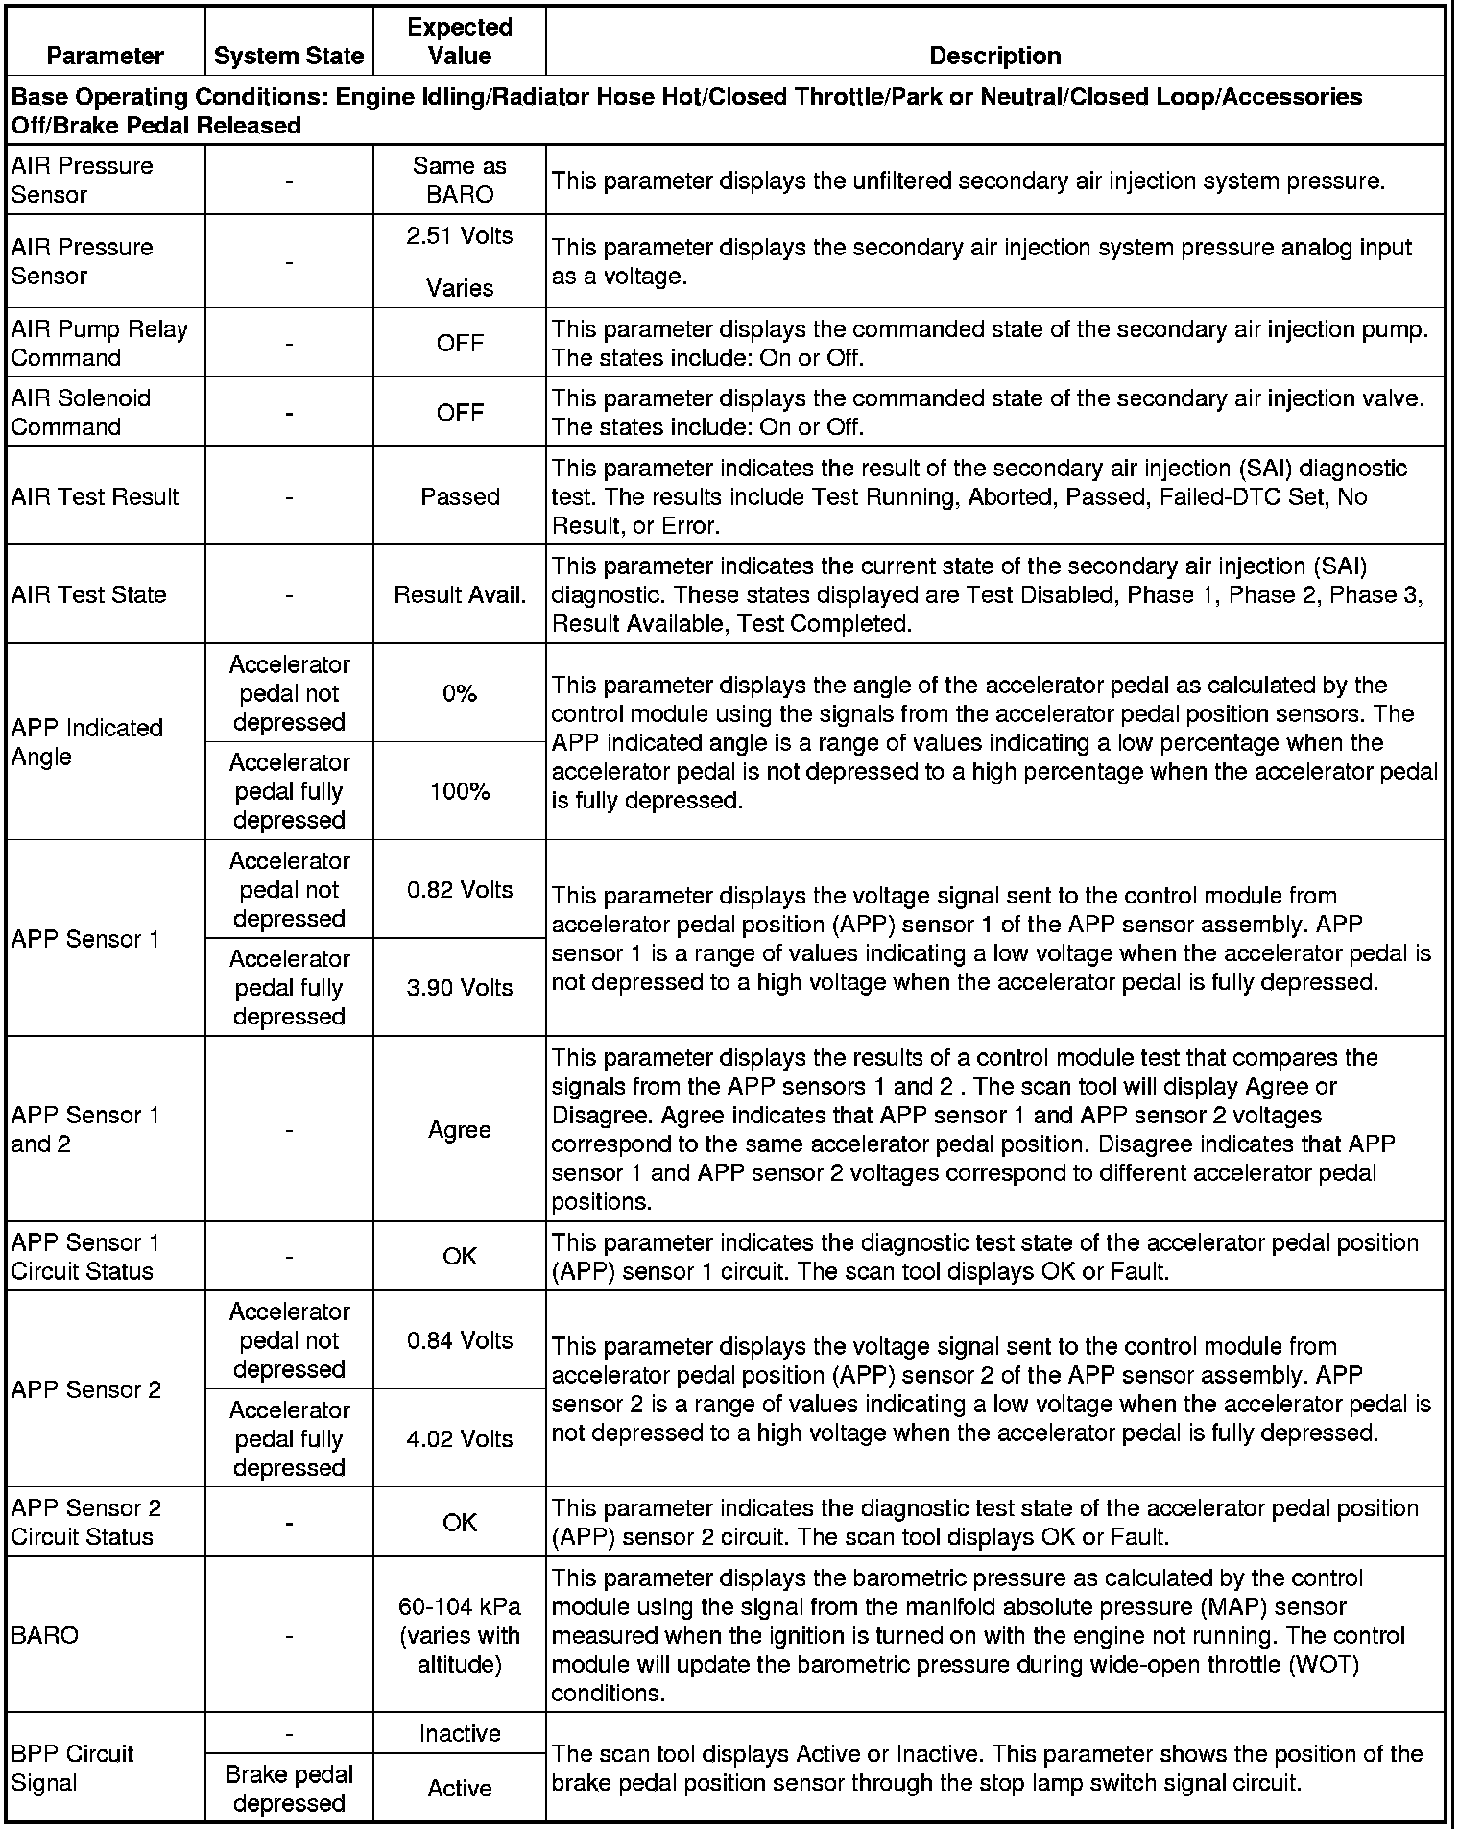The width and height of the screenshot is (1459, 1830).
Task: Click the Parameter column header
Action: coord(105,56)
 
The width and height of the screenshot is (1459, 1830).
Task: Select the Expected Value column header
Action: coord(460,41)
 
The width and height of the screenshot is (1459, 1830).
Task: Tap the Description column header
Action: coord(994,56)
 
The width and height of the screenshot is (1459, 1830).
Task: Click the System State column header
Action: coord(289,56)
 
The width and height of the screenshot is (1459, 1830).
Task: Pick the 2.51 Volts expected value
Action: coord(460,236)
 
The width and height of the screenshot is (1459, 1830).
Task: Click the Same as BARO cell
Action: coord(460,180)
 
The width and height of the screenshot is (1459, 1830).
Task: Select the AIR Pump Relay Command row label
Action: coord(100,343)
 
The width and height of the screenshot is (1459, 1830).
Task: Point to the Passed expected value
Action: coord(460,496)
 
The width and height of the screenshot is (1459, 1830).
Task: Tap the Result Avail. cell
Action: coord(460,594)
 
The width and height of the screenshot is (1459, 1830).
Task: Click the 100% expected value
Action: coord(460,791)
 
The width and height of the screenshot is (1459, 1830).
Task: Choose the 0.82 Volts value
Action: coord(460,889)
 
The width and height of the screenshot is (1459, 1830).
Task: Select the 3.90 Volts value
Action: coord(460,987)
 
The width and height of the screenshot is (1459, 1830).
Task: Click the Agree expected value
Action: coord(460,1129)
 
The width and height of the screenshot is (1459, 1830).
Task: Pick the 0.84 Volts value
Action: coord(460,1340)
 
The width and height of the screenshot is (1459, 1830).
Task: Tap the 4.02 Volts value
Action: coord(460,1438)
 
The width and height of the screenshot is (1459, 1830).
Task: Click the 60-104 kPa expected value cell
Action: coord(460,1635)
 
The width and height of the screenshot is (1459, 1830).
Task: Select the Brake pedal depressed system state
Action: coord(289,1789)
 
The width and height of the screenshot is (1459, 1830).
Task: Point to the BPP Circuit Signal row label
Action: coord(73,1768)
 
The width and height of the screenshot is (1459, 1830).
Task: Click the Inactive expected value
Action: coord(460,1733)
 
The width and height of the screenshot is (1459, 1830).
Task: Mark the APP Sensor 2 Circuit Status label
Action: coord(86,1522)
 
